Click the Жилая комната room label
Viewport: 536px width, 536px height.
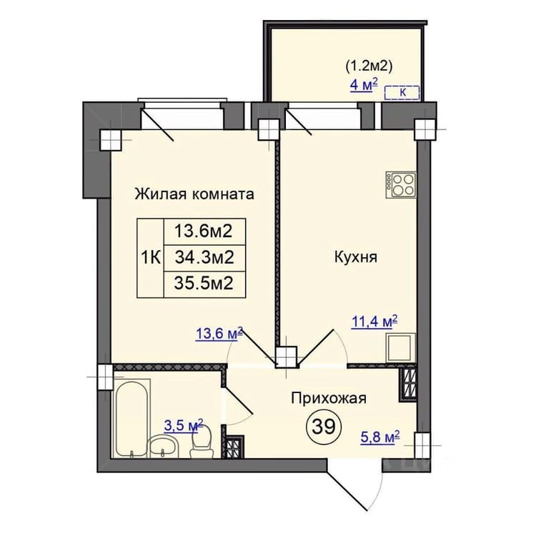coord(194,194)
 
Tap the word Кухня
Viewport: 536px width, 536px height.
coord(355,257)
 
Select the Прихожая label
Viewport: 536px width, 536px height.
coord(329,398)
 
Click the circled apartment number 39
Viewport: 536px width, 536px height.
coord(324,426)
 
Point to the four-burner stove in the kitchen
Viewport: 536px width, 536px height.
coord(401,184)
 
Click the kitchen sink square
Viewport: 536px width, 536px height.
coord(401,347)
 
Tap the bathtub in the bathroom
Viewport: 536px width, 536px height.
coord(131,418)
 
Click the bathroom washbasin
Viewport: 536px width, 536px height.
coord(164,446)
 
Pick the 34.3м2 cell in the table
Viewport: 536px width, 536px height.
coord(204,258)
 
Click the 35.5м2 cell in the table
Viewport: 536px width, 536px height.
coord(204,284)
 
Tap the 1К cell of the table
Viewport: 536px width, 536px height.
coord(150,258)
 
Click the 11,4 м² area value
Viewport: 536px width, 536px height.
coord(374,322)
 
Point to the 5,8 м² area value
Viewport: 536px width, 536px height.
coord(380,437)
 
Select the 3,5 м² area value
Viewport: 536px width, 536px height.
coord(184,426)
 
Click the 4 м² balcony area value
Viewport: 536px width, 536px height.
coord(364,84)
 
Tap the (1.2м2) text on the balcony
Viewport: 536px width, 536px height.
coord(369,65)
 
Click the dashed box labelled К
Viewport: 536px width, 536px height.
coord(402,93)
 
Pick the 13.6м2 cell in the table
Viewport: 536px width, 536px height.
coord(204,232)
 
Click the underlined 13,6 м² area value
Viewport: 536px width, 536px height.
coord(219,333)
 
